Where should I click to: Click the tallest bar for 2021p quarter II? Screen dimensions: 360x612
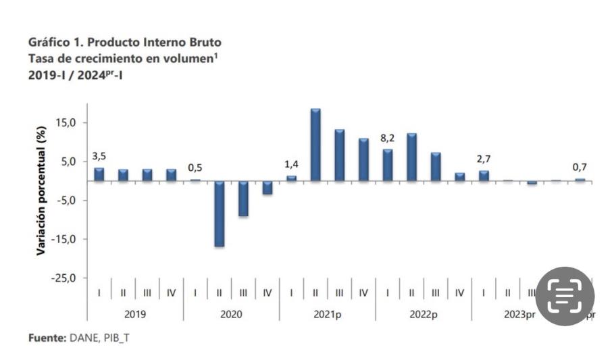click(x=315, y=145)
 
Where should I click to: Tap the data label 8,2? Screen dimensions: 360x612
click(x=388, y=138)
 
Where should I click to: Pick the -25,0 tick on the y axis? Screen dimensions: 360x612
click(x=66, y=278)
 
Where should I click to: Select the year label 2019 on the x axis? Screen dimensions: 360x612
click(x=135, y=314)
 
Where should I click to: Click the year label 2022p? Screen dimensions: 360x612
click(x=424, y=314)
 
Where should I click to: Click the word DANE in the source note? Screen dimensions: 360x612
click(x=83, y=337)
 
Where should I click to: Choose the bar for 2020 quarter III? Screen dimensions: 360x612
click(x=243, y=199)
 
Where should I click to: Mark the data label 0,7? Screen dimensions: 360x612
click(x=580, y=167)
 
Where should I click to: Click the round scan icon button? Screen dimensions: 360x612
click(x=565, y=297)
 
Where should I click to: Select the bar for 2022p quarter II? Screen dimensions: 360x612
click(x=411, y=157)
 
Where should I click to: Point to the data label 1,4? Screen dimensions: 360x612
click(x=291, y=164)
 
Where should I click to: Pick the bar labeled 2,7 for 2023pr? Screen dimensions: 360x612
click(x=484, y=176)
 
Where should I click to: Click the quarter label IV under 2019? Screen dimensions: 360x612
click(x=171, y=292)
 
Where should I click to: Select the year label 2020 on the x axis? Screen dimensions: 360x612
click(x=231, y=314)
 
